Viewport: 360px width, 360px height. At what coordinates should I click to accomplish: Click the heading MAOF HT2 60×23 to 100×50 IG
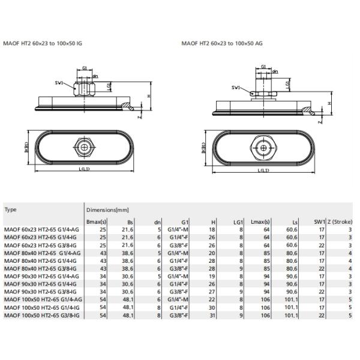[43, 43]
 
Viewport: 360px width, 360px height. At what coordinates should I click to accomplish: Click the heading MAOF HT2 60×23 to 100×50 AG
[222, 43]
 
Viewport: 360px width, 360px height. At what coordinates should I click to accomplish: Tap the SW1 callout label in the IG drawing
[59, 83]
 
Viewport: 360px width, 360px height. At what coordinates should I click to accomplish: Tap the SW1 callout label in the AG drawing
[236, 88]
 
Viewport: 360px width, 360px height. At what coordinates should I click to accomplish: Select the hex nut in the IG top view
[85, 147]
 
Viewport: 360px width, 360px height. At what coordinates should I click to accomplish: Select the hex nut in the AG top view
[264, 148]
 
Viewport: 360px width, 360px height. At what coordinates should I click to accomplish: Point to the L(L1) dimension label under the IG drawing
[84, 169]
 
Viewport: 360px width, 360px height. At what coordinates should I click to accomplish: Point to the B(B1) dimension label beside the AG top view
[203, 148]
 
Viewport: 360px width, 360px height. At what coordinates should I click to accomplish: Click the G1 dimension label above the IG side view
[85, 68]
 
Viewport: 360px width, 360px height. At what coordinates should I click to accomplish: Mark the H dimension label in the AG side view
[329, 104]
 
